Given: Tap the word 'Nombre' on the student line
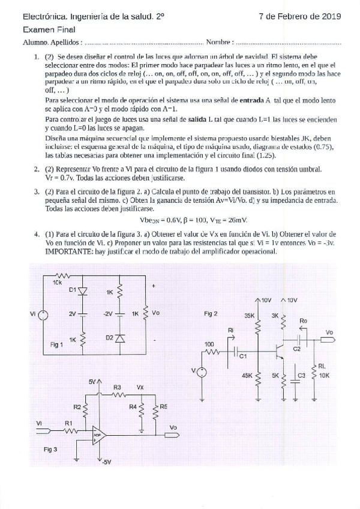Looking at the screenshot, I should click(x=218, y=43).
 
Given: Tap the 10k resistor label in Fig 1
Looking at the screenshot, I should click(x=58, y=282).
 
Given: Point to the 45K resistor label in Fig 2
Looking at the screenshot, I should click(x=247, y=375).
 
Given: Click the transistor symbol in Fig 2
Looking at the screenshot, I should click(x=279, y=349).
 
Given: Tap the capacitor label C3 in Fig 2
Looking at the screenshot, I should click(x=301, y=376).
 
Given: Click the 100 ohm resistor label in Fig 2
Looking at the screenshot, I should click(x=209, y=343).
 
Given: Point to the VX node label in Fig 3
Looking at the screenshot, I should click(x=140, y=387).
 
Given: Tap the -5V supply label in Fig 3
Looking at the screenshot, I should click(x=106, y=462).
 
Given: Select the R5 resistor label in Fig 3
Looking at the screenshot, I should click(x=163, y=406).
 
